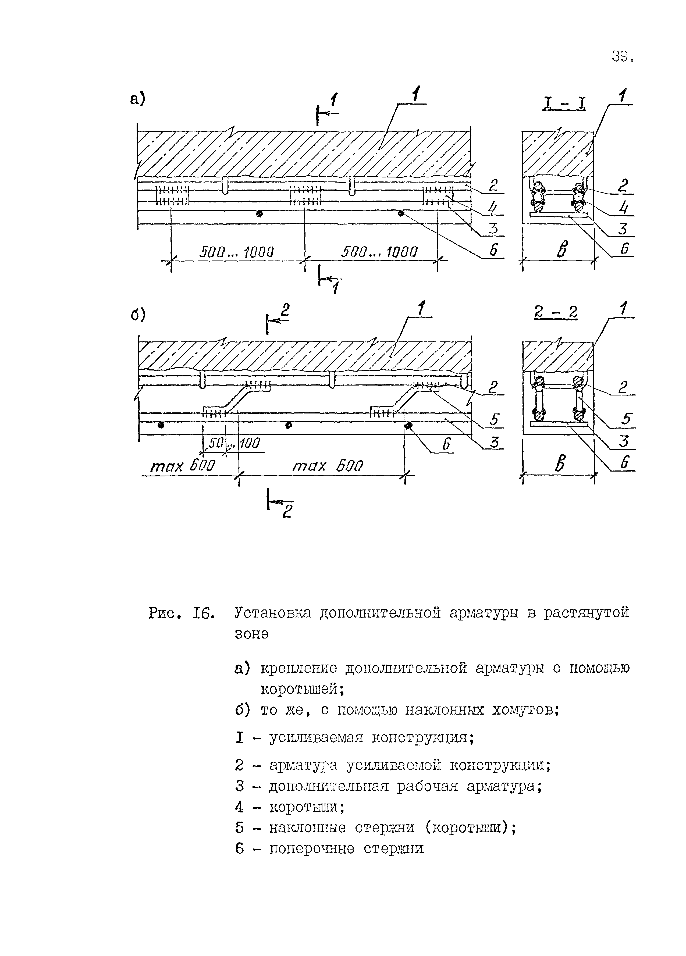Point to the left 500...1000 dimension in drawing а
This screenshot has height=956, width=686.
click(237, 252)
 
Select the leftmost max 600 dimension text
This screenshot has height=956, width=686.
click(183, 466)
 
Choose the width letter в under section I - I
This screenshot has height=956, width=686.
click(561, 250)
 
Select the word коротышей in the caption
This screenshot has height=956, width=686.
click(302, 689)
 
